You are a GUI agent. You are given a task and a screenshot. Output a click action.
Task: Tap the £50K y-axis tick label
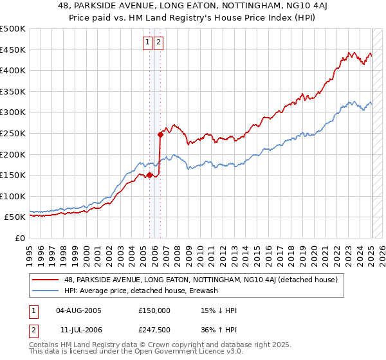(15, 217)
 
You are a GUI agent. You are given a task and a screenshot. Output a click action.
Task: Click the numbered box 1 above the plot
(148, 43)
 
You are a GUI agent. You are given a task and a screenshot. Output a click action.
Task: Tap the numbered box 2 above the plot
(158, 43)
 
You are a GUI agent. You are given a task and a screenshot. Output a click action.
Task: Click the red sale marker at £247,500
(160, 134)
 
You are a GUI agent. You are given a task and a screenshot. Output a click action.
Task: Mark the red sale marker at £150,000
(149, 174)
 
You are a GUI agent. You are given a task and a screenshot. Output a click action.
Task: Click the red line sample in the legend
(46, 280)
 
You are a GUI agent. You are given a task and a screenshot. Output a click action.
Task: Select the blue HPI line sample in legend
(46, 291)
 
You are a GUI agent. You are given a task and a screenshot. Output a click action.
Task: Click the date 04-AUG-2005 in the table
(79, 310)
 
